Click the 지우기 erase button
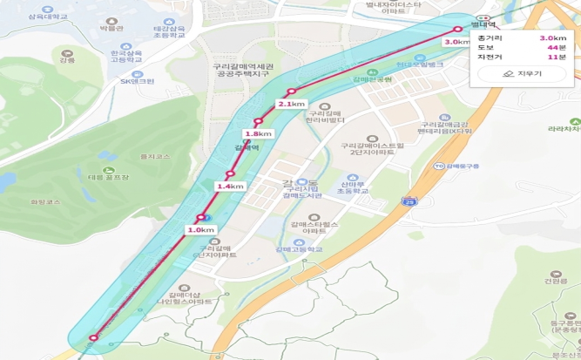click(x=523, y=74)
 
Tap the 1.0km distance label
click(x=200, y=229)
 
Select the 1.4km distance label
click(x=230, y=187)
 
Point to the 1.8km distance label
click(x=258, y=133)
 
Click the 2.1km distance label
click(x=292, y=104)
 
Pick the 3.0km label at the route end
click(x=457, y=41)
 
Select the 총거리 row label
click(x=488, y=38)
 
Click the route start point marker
click(x=93, y=336)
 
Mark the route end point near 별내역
click(x=458, y=29)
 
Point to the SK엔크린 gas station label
click(x=137, y=81)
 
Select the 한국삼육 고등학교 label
click(x=126, y=56)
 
